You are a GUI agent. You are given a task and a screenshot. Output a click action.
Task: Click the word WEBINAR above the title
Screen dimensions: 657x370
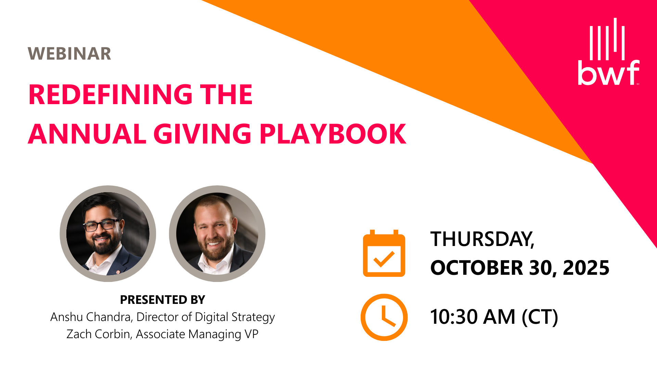tap(69, 54)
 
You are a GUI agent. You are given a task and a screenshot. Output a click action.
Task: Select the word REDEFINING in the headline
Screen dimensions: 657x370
tap(109, 95)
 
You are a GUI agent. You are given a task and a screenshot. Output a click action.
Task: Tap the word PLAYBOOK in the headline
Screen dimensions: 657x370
tap(333, 134)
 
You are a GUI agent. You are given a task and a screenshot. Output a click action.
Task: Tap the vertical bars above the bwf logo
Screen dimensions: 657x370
tap(607, 39)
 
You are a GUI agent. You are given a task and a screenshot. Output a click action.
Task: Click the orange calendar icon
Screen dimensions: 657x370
tap(384, 253)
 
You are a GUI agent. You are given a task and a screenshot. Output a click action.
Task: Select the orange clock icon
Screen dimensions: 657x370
tap(384, 317)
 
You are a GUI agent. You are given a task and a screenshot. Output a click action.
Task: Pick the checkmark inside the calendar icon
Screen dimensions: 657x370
tap(384, 259)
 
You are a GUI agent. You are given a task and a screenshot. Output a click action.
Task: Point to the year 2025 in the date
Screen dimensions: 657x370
tap(586, 268)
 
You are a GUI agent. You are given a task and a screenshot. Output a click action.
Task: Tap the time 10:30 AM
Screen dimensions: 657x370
tap(473, 317)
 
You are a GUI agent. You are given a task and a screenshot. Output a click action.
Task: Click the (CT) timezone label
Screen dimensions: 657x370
tap(540, 317)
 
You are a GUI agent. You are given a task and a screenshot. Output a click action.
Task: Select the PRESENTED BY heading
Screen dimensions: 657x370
tap(163, 300)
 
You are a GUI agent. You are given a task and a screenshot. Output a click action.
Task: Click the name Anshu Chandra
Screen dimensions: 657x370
tap(91, 317)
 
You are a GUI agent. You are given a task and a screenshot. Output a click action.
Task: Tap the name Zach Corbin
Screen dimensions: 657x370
tap(99, 334)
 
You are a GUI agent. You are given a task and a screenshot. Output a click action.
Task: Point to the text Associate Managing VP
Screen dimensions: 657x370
tap(197, 334)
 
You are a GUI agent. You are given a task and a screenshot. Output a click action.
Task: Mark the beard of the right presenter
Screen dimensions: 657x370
tap(215, 252)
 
